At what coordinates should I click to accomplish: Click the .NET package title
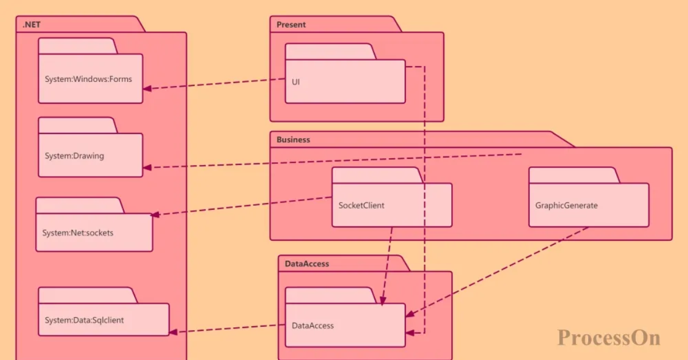tap(32, 25)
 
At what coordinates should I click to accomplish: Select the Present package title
tap(291, 25)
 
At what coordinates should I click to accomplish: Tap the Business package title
tap(293, 140)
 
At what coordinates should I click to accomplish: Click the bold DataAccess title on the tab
tap(307, 264)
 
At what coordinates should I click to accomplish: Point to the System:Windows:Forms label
tap(88, 79)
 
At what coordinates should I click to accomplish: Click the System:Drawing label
tap(75, 156)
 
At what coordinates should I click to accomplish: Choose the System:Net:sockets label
tap(78, 233)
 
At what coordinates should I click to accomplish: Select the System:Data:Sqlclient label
tap(84, 320)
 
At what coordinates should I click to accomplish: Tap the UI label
tap(295, 82)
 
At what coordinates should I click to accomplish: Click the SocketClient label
tap(361, 205)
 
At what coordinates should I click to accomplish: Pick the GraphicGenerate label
tap(566, 205)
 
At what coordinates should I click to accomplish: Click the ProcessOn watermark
tap(608, 338)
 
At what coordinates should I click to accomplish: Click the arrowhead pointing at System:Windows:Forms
tap(147, 88)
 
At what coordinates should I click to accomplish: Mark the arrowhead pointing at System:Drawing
tap(147, 167)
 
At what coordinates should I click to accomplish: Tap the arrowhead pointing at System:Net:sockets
tap(155, 215)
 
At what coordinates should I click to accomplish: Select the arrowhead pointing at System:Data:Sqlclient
tap(173, 332)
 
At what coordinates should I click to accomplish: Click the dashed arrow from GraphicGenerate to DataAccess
tap(497, 272)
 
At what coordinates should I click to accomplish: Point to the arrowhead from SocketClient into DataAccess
tap(382, 301)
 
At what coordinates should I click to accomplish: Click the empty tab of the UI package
tap(330, 52)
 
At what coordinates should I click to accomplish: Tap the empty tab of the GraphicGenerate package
tap(574, 175)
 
